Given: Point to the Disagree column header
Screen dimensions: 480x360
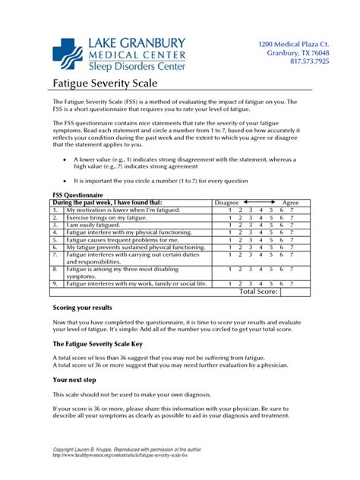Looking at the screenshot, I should (x=226, y=203).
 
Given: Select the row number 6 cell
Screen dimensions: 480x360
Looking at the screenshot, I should (x=56, y=247).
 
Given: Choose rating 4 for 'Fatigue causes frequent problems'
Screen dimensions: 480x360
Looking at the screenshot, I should (x=264, y=240).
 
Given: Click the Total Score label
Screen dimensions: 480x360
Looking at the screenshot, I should (x=258, y=291).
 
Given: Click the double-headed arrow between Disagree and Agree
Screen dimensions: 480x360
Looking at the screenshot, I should (x=258, y=203).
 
